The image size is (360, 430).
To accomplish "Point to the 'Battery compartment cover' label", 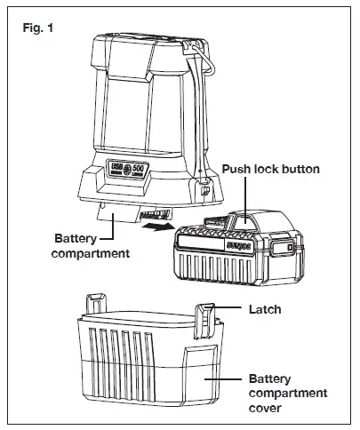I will click(x=287, y=392).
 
